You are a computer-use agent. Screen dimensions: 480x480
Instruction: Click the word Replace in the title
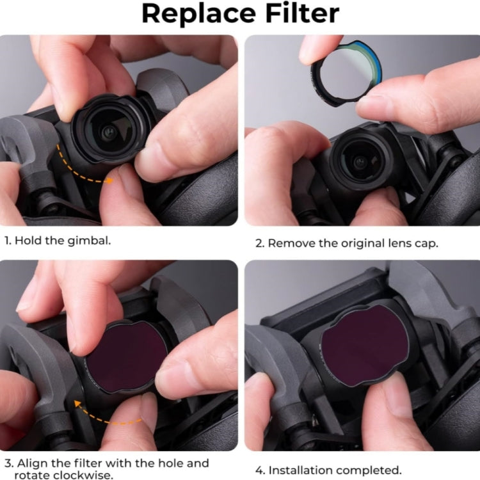[x=198, y=14]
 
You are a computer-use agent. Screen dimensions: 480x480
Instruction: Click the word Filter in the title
[x=303, y=13]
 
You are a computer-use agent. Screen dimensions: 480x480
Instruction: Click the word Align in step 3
[x=32, y=463]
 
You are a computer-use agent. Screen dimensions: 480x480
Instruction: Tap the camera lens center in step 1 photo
[x=108, y=132]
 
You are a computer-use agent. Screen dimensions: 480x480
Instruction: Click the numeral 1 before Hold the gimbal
[x=7, y=241]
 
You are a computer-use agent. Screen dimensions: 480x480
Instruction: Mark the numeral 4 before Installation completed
[x=260, y=470]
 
